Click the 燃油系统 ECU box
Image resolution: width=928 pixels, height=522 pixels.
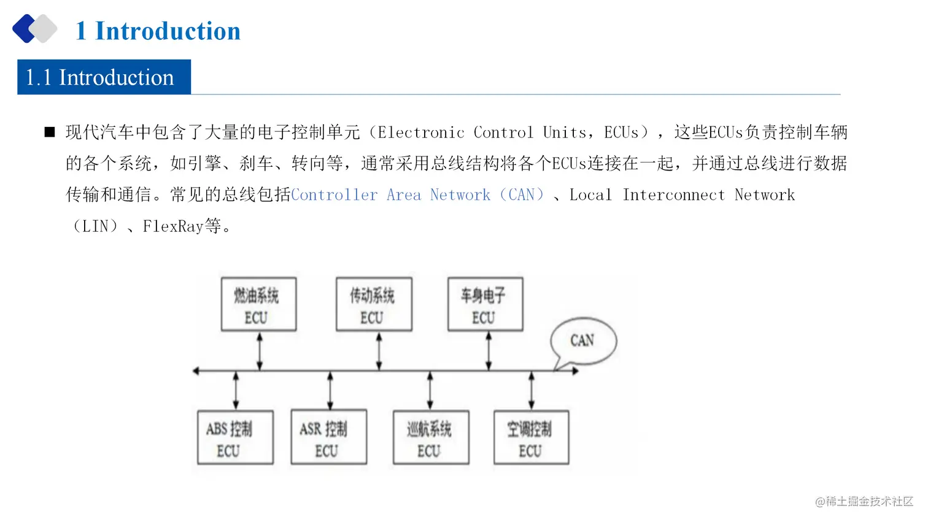258,304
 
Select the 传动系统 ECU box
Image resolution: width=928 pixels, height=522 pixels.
374,304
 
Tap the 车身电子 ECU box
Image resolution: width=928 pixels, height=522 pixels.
485,304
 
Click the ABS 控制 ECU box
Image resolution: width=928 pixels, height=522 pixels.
235,437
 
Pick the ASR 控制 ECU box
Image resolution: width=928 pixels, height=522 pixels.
328,437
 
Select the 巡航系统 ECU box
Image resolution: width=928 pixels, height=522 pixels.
431,437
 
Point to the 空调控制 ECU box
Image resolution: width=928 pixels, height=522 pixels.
531,437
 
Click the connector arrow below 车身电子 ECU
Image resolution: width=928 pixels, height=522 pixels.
489,351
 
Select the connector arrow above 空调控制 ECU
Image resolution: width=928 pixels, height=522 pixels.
532,391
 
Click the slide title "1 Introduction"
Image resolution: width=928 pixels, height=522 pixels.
158,31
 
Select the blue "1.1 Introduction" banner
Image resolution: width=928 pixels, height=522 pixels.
104,77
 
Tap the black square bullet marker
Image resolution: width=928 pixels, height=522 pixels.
50,132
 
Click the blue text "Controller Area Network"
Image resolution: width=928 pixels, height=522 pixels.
390,195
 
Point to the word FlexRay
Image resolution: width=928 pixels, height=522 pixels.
173,226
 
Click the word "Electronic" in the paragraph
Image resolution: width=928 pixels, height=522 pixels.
420,132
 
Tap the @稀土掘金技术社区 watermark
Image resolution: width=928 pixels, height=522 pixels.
864,501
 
